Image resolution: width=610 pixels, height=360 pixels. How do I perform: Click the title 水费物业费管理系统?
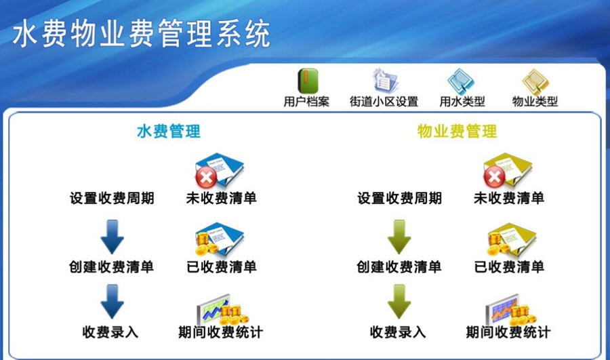point(142,32)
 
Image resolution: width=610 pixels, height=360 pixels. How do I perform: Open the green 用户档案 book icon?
point(306,81)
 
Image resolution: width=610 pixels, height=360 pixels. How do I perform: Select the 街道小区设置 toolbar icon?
point(384,81)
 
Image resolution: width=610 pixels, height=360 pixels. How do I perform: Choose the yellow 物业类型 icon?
point(535,81)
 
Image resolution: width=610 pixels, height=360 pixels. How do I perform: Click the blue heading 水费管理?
point(169,131)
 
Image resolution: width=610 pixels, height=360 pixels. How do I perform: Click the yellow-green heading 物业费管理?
point(457,131)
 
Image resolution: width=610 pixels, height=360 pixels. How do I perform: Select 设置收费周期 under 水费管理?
point(112,198)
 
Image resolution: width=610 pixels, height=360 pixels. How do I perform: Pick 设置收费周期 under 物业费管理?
point(399,198)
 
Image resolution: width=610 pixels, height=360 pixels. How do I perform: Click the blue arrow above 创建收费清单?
point(112,237)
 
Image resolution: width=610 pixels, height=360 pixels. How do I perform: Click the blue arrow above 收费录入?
point(112,300)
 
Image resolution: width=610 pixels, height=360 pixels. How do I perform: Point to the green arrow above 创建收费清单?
point(399,237)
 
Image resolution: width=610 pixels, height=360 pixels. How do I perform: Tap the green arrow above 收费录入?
point(399,300)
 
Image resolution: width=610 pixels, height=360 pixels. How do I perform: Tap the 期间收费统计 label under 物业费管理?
point(508,333)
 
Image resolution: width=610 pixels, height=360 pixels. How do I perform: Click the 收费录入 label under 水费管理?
point(111,333)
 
